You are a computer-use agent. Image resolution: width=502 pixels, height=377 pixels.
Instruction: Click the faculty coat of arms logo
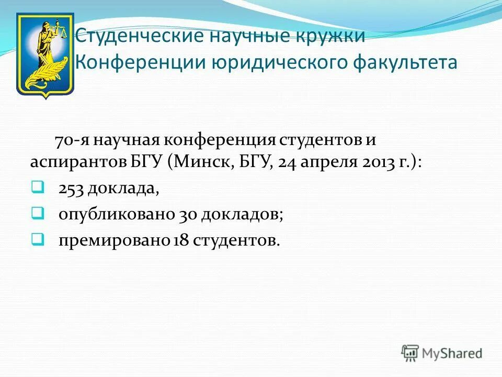(45, 55)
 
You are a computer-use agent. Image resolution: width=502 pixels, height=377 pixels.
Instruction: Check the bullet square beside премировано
(37, 238)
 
